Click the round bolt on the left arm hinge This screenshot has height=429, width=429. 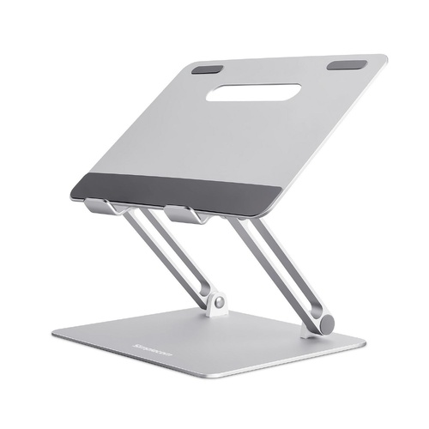click(220, 302)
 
